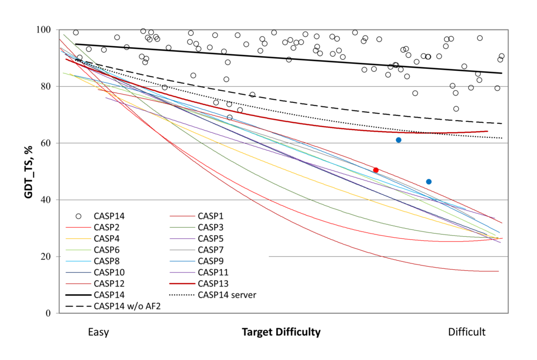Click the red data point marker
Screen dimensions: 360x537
pos(375,170)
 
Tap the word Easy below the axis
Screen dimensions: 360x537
pos(99,332)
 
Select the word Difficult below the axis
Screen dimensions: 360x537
pos(467,332)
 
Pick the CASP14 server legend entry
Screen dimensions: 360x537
pos(227,295)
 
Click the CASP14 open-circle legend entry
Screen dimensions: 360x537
pos(110,215)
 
